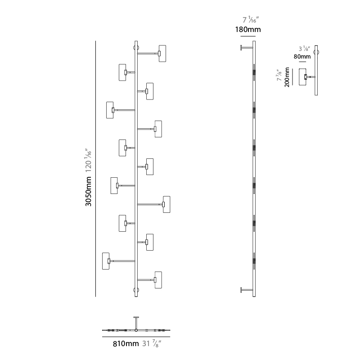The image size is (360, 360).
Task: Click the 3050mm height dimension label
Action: [x=88, y=191]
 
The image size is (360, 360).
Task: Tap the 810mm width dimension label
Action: [x=126, y=344]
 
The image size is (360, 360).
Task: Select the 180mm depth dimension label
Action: [x=248, y=30]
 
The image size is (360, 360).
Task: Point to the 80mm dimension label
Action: [x=302, y=57]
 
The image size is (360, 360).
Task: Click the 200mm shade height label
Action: [x=287, y=77]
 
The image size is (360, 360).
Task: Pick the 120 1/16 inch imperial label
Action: [x=88, y=160]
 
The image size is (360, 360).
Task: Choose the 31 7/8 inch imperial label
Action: [x=152, y=343]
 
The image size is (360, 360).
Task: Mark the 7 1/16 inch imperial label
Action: [x=251, y=20]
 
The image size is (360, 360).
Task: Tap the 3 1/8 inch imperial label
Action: [x=305, y=49]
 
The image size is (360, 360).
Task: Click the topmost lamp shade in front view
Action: [x=162, y=54]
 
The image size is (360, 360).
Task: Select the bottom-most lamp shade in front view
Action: [x=158, y=280]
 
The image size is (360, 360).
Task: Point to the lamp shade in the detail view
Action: [x=302, y=77]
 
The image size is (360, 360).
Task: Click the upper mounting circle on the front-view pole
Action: [x=136, y=48]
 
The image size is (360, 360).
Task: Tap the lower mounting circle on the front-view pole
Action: [x=136, y=290]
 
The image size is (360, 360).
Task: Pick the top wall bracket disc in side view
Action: [x=241, y=48]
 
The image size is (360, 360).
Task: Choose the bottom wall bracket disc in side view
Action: [x=241, y=290]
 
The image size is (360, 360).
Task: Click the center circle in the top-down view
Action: [x=136, y=330]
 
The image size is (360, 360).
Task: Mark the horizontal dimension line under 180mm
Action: [x=248, y=36]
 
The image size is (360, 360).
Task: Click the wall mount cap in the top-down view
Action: [x=136, y=317]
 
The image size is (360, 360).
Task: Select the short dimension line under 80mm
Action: [x=302, y=62]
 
